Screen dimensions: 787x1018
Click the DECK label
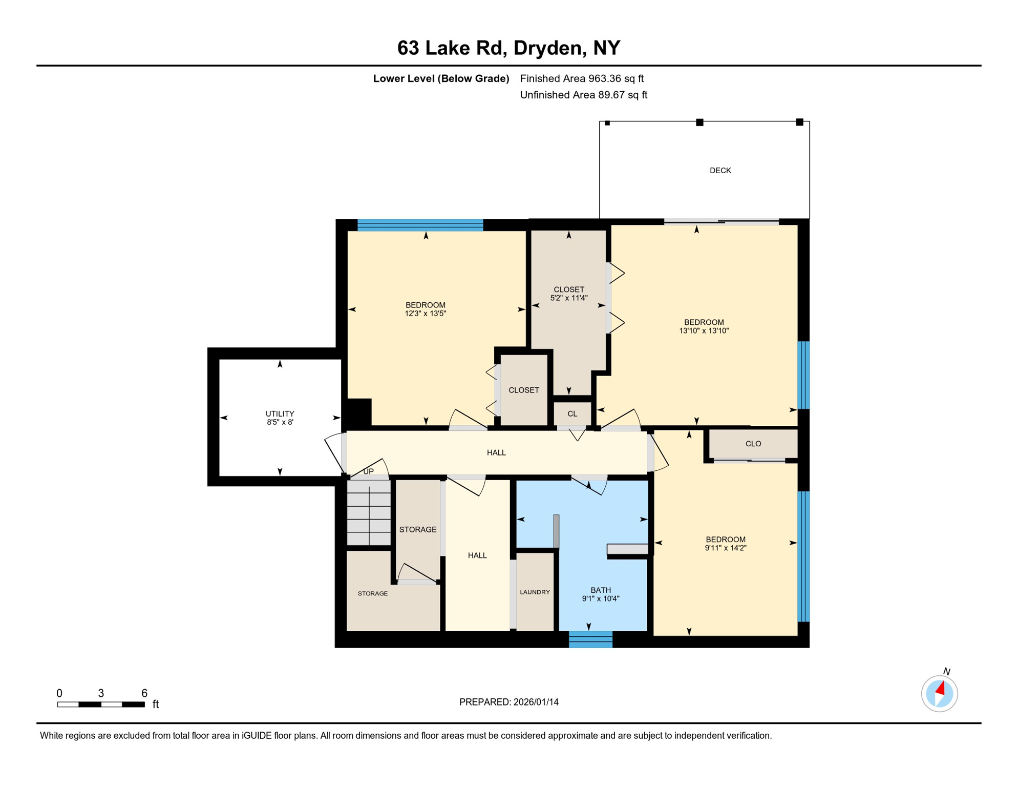[720, 171]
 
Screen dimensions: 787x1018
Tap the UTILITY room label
[280, 413]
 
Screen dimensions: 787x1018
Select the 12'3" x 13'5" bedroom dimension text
[425, 314]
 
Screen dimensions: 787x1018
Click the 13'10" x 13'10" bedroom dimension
[704, 331]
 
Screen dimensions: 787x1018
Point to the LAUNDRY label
[535, 592]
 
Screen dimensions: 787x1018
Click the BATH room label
[601, 590]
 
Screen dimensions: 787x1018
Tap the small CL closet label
[572, 414]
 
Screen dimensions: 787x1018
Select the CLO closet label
[753, 444]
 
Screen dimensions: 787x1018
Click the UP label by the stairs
[368, 471]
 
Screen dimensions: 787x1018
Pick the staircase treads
[369, 515]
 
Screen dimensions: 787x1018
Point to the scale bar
[101, 705]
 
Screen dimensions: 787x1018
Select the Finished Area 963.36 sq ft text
[582, 78]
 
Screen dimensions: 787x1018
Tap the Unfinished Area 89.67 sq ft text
[583, 95]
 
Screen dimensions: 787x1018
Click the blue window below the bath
[590, 640]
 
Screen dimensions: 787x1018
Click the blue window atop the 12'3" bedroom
[420, 225]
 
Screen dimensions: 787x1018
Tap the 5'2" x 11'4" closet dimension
[568, 298]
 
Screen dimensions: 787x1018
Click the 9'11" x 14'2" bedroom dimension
[725, 548]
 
